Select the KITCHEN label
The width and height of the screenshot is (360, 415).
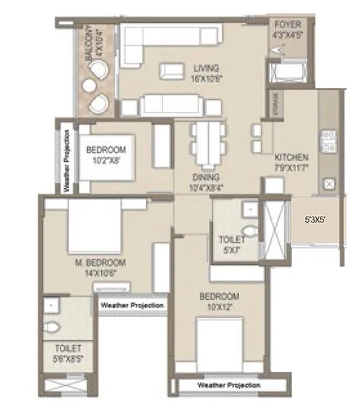[x=291, y=157]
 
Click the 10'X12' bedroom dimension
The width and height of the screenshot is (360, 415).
[x=219, y=307]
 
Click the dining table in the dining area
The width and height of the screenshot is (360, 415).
[x=210, y=143]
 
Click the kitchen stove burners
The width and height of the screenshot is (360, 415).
[x=326, y=141]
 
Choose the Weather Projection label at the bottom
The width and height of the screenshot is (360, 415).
[x=229, y=385]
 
